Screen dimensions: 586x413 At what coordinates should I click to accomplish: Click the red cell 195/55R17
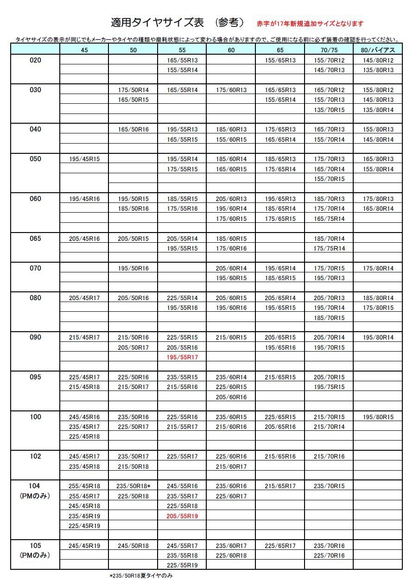182,358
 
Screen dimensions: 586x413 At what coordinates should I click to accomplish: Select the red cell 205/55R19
182,516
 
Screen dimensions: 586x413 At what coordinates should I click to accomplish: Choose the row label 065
35,239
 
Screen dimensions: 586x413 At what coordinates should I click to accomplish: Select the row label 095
35,377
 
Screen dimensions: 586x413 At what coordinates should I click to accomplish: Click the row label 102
35,456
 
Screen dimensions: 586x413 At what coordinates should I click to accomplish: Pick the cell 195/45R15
84,159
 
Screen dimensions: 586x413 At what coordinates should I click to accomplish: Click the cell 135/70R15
329,110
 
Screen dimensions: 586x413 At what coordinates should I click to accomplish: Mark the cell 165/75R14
329,219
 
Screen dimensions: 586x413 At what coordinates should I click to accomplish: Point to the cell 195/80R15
378,417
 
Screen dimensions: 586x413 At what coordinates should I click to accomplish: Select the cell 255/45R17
84,496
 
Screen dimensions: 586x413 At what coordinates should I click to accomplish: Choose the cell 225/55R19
182,566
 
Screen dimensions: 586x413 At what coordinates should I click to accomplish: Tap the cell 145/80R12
378,60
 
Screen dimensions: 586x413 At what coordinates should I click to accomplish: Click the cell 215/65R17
280,486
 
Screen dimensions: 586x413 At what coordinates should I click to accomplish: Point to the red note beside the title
310,24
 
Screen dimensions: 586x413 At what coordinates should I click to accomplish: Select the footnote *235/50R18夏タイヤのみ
141,576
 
